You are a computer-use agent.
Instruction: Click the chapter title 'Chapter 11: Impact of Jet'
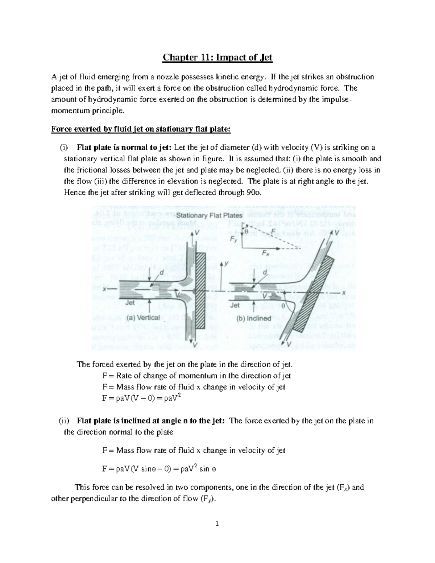tap(217, 57)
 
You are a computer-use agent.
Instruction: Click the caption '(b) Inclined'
tap(254, 318)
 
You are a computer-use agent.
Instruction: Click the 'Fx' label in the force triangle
tap(266, 254)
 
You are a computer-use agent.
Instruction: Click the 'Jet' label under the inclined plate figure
tap(235, 305)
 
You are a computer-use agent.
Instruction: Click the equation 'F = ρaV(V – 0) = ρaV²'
tap(141, 398)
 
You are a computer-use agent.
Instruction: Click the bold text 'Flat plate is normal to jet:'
tap(125, 148)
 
